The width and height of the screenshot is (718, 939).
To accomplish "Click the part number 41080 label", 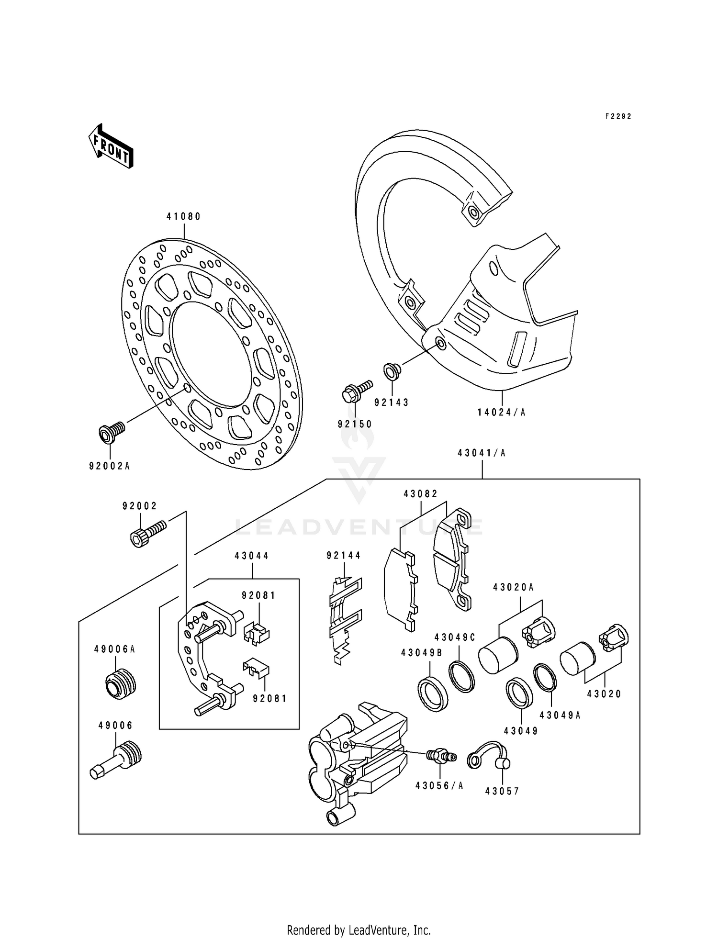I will point(184,217).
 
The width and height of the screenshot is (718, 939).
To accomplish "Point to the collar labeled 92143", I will point(392,371).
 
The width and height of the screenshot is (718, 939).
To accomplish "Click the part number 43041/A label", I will point(482,453).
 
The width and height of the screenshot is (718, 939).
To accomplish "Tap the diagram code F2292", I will point(618,116).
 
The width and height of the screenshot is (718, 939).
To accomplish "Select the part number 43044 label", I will point(252,556).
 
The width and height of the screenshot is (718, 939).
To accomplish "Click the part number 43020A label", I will point(514,587).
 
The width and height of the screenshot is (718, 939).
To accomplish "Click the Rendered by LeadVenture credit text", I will point(359,930).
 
